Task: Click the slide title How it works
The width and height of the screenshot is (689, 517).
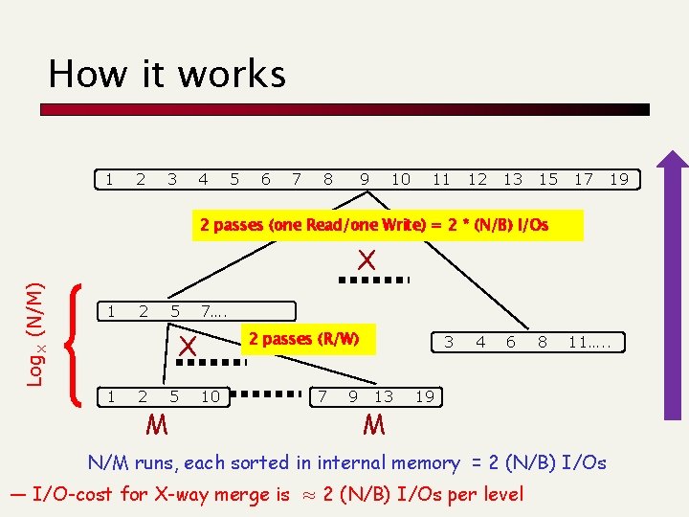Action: point(167,74)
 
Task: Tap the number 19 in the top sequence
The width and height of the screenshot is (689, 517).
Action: point(619,179)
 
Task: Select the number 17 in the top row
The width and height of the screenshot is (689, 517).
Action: point(584,179)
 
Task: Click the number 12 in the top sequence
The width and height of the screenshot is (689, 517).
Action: point(478,179)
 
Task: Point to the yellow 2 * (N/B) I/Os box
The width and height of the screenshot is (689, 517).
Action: point(388,226)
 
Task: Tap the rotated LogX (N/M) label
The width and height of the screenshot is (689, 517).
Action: point(35,320)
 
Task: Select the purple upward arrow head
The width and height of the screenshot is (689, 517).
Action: point(674,165)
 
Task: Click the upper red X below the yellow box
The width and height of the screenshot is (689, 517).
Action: point(366,259)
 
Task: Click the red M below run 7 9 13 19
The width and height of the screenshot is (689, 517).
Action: point(374,422)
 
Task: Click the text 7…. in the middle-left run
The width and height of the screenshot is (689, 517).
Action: point(215,311)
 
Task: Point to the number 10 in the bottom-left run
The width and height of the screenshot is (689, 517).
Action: point(210,396)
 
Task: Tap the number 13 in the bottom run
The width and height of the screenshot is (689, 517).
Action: point(384,396)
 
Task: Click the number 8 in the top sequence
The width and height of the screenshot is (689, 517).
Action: point(328,179)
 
